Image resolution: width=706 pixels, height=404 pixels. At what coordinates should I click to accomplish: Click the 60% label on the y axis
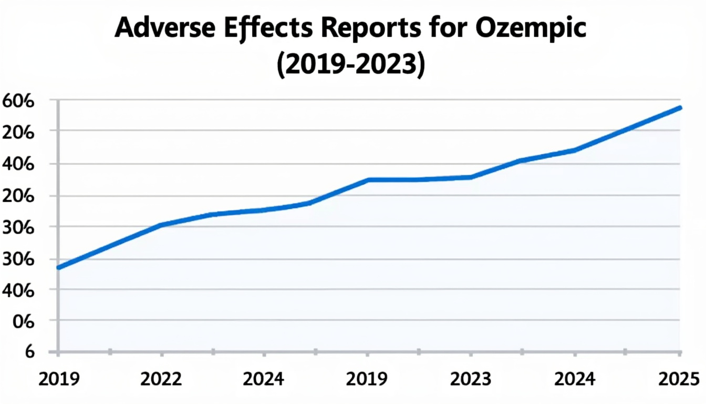coord(19,101)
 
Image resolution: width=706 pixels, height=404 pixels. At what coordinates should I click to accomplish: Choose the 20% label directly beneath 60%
coord(19,133)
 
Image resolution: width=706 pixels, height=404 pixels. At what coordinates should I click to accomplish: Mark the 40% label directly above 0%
coord(19,290)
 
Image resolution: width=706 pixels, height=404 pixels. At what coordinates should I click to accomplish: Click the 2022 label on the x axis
coord(161,378)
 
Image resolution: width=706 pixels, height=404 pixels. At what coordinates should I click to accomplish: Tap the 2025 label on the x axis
coord(679,378)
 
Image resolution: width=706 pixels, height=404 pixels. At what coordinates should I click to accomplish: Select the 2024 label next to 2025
coord(575,378)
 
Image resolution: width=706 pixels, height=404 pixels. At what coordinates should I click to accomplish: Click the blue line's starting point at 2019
coord(58,268)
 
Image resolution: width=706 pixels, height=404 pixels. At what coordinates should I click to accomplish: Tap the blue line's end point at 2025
coord(680,108)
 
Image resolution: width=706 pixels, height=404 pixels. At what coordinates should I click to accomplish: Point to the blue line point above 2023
coord(471,177)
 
